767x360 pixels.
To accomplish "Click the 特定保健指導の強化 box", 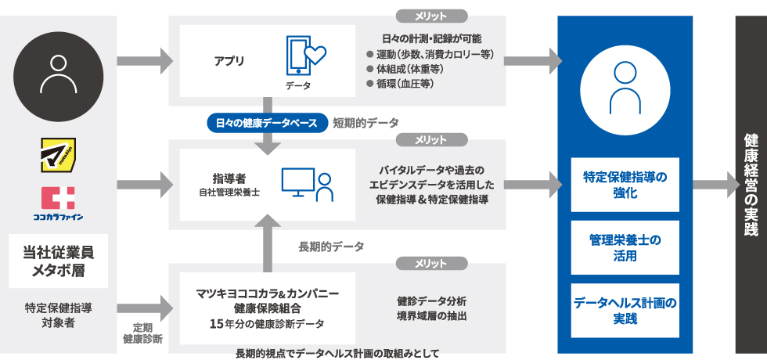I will (x=625, y=185).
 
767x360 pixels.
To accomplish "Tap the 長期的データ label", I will (x=331, y=247).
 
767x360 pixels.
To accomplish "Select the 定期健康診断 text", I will (x=143, y=333).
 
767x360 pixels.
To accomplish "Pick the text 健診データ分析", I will (x=431, y=301).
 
